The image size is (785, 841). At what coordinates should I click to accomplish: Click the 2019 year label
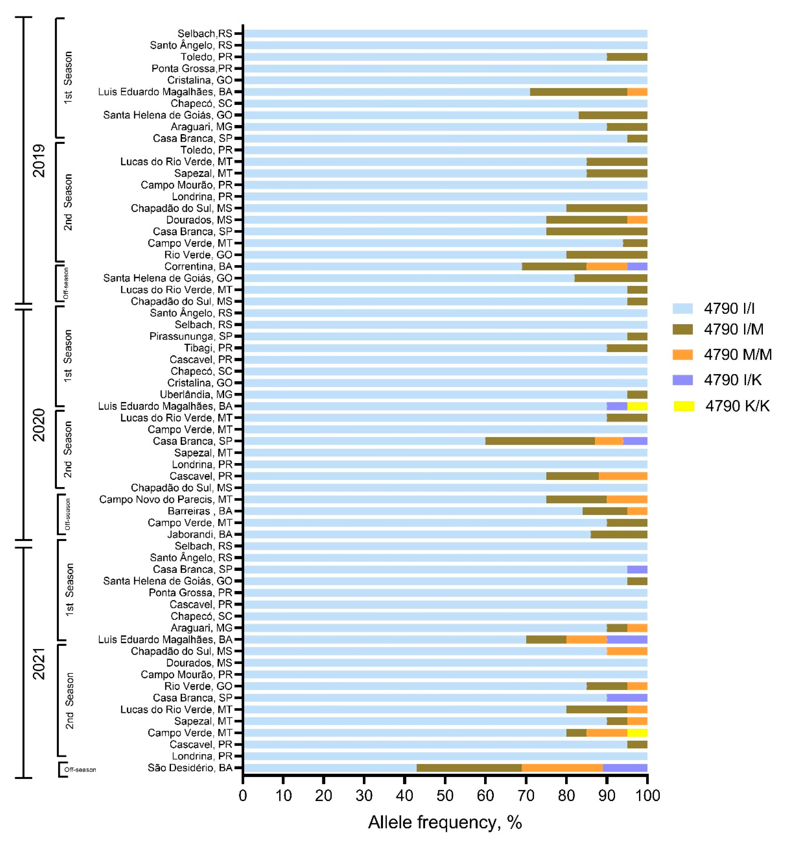39,161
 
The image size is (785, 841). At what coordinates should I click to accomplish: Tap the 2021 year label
39,663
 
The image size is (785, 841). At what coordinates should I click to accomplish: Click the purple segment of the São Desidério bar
625,768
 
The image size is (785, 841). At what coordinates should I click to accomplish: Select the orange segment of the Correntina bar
607,266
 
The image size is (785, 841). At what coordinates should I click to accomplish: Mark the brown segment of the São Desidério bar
469,768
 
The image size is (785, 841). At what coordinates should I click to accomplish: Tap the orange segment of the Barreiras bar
637,511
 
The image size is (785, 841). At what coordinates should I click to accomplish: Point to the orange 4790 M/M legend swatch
683,355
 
